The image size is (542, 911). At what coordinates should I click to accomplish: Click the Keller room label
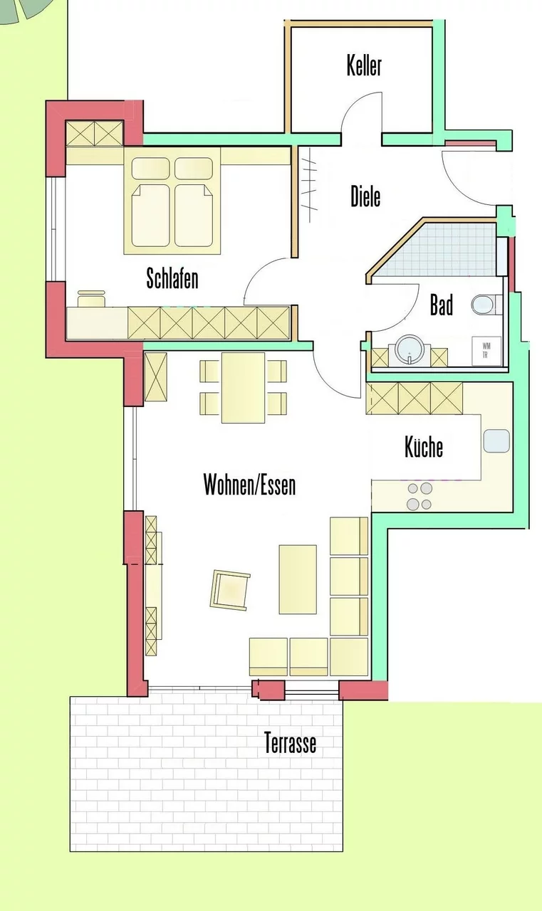point(364,66)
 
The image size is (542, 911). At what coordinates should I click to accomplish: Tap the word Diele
point(365,196)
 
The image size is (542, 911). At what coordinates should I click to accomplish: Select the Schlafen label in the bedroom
point(172,278)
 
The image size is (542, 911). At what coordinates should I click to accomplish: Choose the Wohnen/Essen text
point(249,485)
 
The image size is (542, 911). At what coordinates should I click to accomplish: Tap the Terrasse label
point(290,742)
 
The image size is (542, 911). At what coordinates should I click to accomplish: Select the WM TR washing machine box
point(486,350)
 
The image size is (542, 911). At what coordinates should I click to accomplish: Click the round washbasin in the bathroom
point(410,350)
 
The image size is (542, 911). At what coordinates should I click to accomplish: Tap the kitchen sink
point(496,441)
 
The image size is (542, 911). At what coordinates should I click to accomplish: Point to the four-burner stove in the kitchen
point(419,496)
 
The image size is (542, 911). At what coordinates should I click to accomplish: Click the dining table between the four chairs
point(244,388)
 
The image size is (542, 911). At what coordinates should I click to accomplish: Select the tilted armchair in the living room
point(230,590)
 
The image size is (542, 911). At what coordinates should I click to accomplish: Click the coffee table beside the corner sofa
point(298,579)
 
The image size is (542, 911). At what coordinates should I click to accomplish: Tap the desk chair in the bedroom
point(92,298)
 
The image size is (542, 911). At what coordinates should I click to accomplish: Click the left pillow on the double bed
point(150,169)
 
